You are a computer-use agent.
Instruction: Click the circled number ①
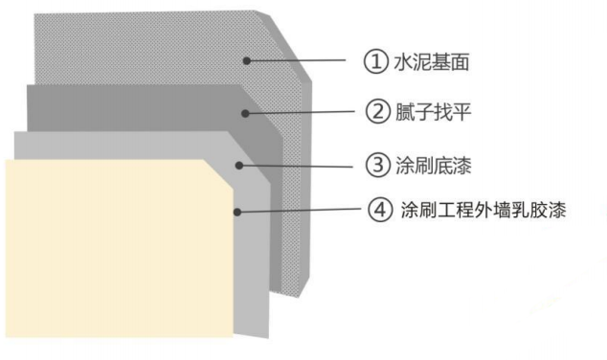pos(375,62)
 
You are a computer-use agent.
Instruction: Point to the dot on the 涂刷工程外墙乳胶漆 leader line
pos(234,210)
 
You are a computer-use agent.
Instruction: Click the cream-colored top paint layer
pos(115,249)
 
